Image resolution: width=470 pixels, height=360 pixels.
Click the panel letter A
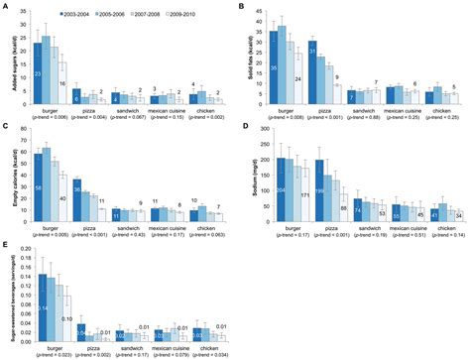pyautogui.click(x=5, y=6)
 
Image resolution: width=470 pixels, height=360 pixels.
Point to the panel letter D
pyautogui.click(x=242, y=126)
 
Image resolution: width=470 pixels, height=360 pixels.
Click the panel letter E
pyautogui.click(x=5, y=243)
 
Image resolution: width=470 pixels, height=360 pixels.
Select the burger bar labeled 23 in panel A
pyautogui.click(x=38, y=74)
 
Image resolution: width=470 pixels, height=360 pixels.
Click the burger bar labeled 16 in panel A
pyautogui.click(x=61, y=83)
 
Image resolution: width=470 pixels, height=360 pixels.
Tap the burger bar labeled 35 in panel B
pyautogui.click(x=274, y=68)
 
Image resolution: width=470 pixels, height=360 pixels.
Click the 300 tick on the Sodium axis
pyautogui.click(x=261, y=129)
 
